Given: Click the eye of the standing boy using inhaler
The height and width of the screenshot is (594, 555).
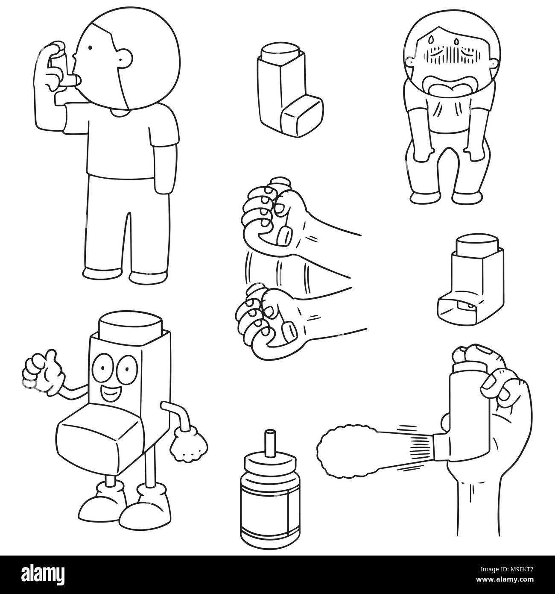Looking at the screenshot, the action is (90, 47).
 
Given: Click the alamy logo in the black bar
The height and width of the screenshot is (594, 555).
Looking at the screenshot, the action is (43, 574).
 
